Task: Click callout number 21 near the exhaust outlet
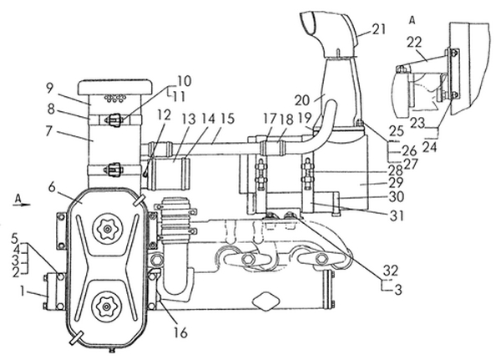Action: tap(378, 29)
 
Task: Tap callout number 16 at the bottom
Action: tap(180, 332)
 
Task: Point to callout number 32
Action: tap(391, 271)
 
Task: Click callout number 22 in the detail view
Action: tap(415, 43)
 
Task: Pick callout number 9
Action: tap(49, 89)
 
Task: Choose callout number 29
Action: tap(396, 183)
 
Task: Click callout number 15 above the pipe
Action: tap(228, 119)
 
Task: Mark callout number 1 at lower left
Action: tap(22, 291)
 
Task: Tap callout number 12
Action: tap(164, 115)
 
